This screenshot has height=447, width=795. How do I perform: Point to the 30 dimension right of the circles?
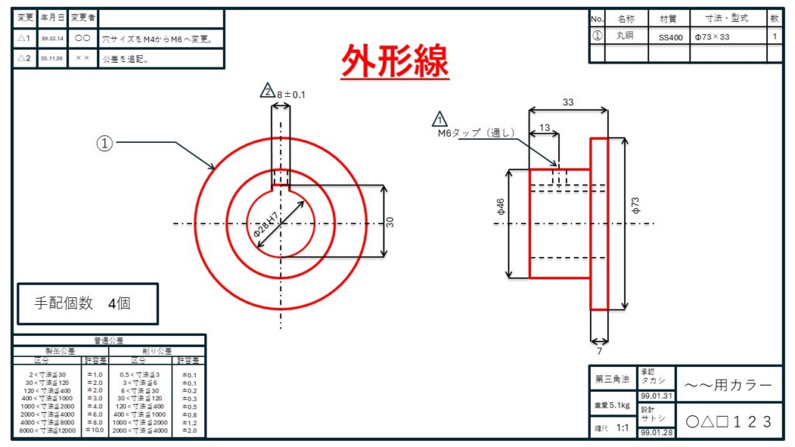tap(391, 221)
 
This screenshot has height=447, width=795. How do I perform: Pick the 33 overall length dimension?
tap(568, 102)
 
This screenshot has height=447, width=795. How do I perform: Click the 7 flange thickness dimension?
tap(599, 351)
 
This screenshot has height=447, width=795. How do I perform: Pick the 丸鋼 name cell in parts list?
tap(625, 36)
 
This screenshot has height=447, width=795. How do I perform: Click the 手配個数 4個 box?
tap(88, 303)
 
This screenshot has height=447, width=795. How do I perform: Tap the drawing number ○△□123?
tap(729, 421)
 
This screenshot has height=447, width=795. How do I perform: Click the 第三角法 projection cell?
tap(612, 379)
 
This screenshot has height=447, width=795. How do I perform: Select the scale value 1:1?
tap(622, 428)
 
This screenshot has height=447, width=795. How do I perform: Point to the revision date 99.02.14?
tap(52, 37)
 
